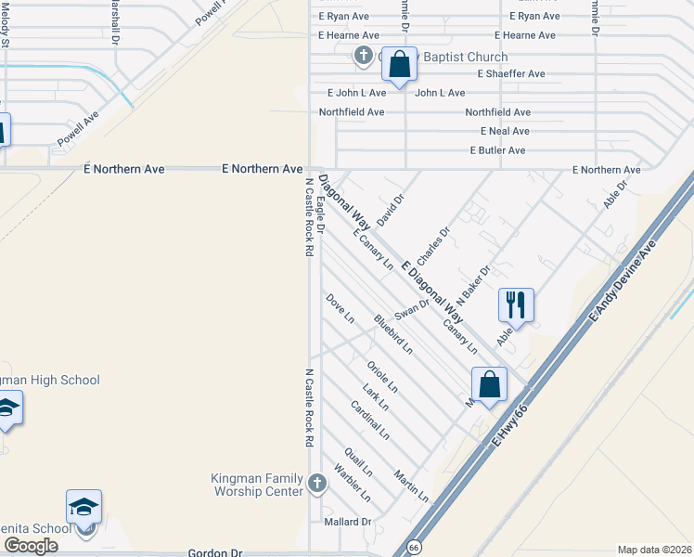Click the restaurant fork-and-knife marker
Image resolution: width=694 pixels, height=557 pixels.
[x=516, y=304]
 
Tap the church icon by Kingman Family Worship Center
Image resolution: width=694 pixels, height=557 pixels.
[x=317, y=483]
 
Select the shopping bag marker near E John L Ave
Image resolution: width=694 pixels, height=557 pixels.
[x=399, y=67]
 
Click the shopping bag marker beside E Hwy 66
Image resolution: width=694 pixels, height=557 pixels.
[x=489, y=384]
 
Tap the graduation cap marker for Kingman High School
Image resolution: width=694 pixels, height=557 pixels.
[x=7, y=408]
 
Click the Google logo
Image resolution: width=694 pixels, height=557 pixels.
[x=31, y=546]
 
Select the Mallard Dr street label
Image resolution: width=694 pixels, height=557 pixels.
[x=347, y=522]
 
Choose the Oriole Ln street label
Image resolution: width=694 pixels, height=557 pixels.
[x=382, y=375]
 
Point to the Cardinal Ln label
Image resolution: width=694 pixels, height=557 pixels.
[x=370, y=420]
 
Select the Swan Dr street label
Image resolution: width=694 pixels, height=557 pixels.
[x=412, y=305]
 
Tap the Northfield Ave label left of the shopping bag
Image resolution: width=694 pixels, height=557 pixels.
[x=352, y=111]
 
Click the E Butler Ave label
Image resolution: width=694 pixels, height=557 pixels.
[x=498, y=150]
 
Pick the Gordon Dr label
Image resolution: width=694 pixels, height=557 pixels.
[x=214, y=552]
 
